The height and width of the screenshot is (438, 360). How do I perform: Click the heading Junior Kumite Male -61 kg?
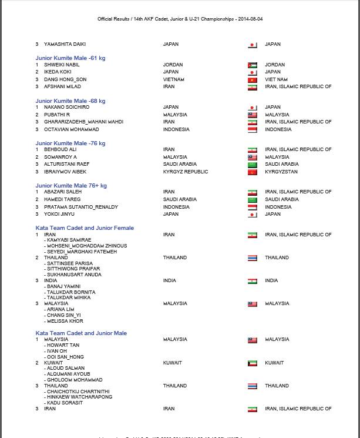pyautogui.click(x=70, y=58)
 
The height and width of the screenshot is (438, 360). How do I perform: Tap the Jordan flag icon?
pyautogui.click(x=252, y=65)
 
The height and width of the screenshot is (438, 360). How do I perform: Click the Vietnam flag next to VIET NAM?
pyautogui.click(x=252, y=80)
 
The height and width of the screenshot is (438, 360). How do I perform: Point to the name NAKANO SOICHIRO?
pyautogui.click(x=66, y=108)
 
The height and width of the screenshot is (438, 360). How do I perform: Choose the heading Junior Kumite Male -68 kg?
pyautogui.click(x=70, y=101)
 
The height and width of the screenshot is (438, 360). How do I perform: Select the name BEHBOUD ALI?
pyautogui.click(x=60, y=150)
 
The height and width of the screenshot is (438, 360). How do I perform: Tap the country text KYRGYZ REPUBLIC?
pyautogui.click(x=185, y=172)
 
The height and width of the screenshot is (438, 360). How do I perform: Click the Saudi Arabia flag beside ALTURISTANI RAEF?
pyautogui.click(x=252, y=165)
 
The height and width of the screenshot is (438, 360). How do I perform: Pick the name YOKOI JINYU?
pyautogui.click(x=59, y=214)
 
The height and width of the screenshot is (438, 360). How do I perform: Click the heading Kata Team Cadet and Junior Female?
pyautogui.click(x=85, y=228)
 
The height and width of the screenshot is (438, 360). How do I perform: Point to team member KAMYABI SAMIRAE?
pyautogui.click(x=69, y=240)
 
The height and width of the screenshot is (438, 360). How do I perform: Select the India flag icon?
pyautogui.click(x=252, y=281)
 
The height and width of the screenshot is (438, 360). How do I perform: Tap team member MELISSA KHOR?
pyautogui.click(x=65, y=322)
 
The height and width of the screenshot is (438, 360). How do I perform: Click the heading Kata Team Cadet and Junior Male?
pyautogui.click(x=81, y=333)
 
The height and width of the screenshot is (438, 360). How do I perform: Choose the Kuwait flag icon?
pyautogui.click(x=252, y=363)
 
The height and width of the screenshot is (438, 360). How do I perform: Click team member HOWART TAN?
pyautogui.click(x=63, y=346)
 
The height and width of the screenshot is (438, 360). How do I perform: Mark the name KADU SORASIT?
pyautogui.click(x=65, y=403)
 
